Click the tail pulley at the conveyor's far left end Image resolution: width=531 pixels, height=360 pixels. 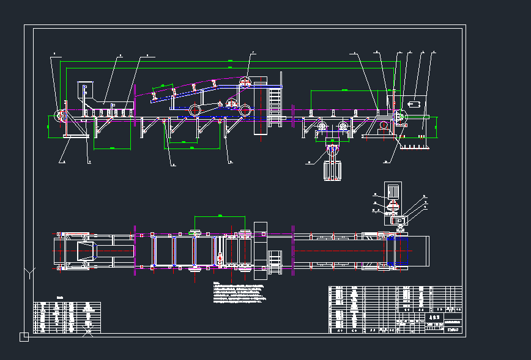pos(61,116)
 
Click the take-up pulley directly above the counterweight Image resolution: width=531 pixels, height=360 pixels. pos(332,150)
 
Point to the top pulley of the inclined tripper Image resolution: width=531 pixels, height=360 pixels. pos(247,81)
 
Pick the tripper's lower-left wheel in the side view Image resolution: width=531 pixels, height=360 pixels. pos(195,111)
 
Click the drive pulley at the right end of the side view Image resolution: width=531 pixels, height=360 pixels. pos(401,116)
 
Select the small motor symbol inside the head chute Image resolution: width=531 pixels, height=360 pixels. pos(414,104)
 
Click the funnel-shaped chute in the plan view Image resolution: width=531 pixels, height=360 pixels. pos(85,251)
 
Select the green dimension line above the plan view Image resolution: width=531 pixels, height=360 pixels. pos(219,216)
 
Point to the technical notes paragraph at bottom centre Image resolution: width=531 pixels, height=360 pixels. pos(239,293)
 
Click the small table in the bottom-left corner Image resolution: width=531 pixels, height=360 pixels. pos(67,317)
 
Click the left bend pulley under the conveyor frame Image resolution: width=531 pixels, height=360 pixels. pos(321,127)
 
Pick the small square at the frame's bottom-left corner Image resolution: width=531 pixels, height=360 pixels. pos(24,336)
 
